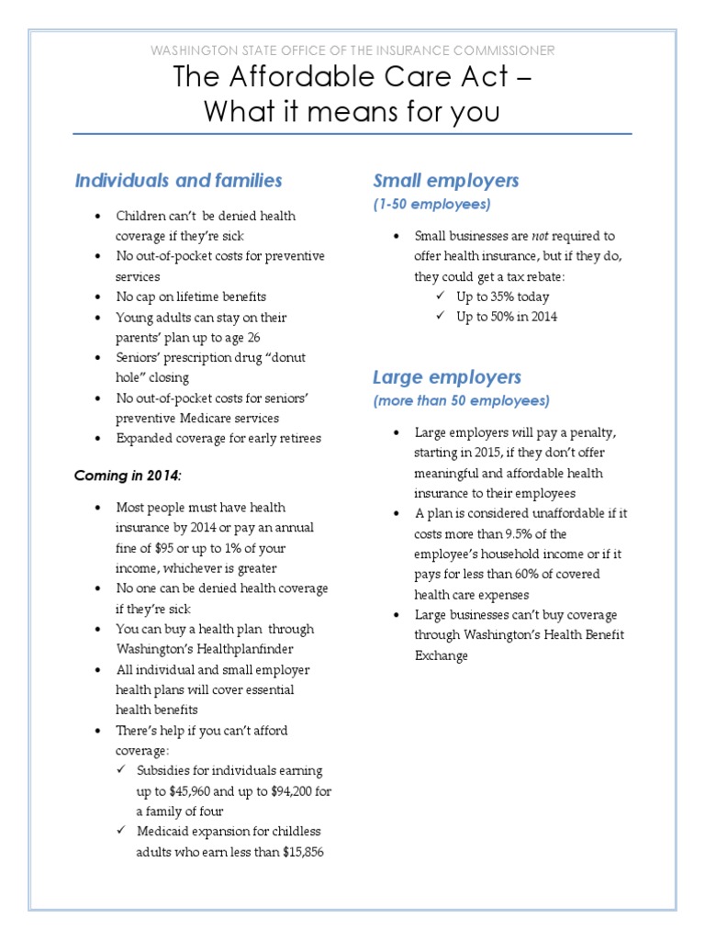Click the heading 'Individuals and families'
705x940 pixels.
(x=178, y=181)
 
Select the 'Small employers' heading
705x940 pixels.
(x=445, y=180)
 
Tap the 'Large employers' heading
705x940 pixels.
(x=446, y=377)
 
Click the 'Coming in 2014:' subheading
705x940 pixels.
(x=129, y=476)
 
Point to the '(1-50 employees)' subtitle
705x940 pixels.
(x=431, y=204)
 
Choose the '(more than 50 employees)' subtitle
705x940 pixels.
(x=461, y=401)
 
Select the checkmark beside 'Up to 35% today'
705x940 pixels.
(x=439, y=297)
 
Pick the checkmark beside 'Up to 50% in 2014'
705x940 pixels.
(x=439, y=317)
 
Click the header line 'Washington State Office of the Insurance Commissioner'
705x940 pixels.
(x=352, y=50)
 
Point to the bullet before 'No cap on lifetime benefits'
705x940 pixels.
(x=96, y=297)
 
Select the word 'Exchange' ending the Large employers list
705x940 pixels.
(x=441, y=655)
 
